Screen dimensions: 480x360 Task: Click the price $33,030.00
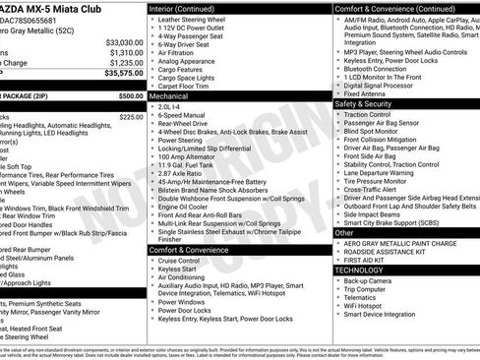click(x=124, y=43)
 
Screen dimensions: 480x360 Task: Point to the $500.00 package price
click(x=130, y=96)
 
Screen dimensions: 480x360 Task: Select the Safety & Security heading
click(x=365, y=103)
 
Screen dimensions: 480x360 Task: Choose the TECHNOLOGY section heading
click(x=359, y=269)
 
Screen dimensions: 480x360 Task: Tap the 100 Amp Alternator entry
click(x=187, y=156)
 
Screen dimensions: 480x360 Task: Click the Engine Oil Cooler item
click(x=183, y=207)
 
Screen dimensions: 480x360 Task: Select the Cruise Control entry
click(x=181, y=260)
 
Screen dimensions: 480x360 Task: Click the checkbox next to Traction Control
click(x=337, y=114)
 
